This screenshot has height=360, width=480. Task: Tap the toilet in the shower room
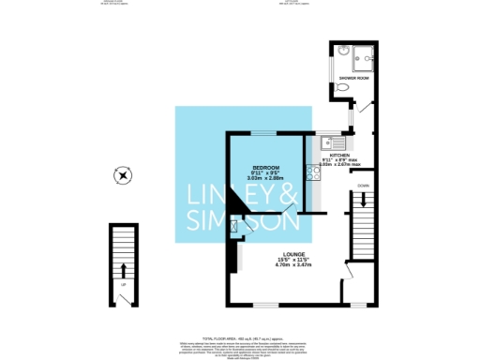pos(344,87)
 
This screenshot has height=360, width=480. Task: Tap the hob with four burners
pos(314,172)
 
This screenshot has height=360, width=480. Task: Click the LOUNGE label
pos(288,254)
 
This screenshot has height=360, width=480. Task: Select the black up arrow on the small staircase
pos(123,271)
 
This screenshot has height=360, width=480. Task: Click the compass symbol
pos(122,175)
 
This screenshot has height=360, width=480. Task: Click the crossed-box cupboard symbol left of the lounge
pos(233,225)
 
